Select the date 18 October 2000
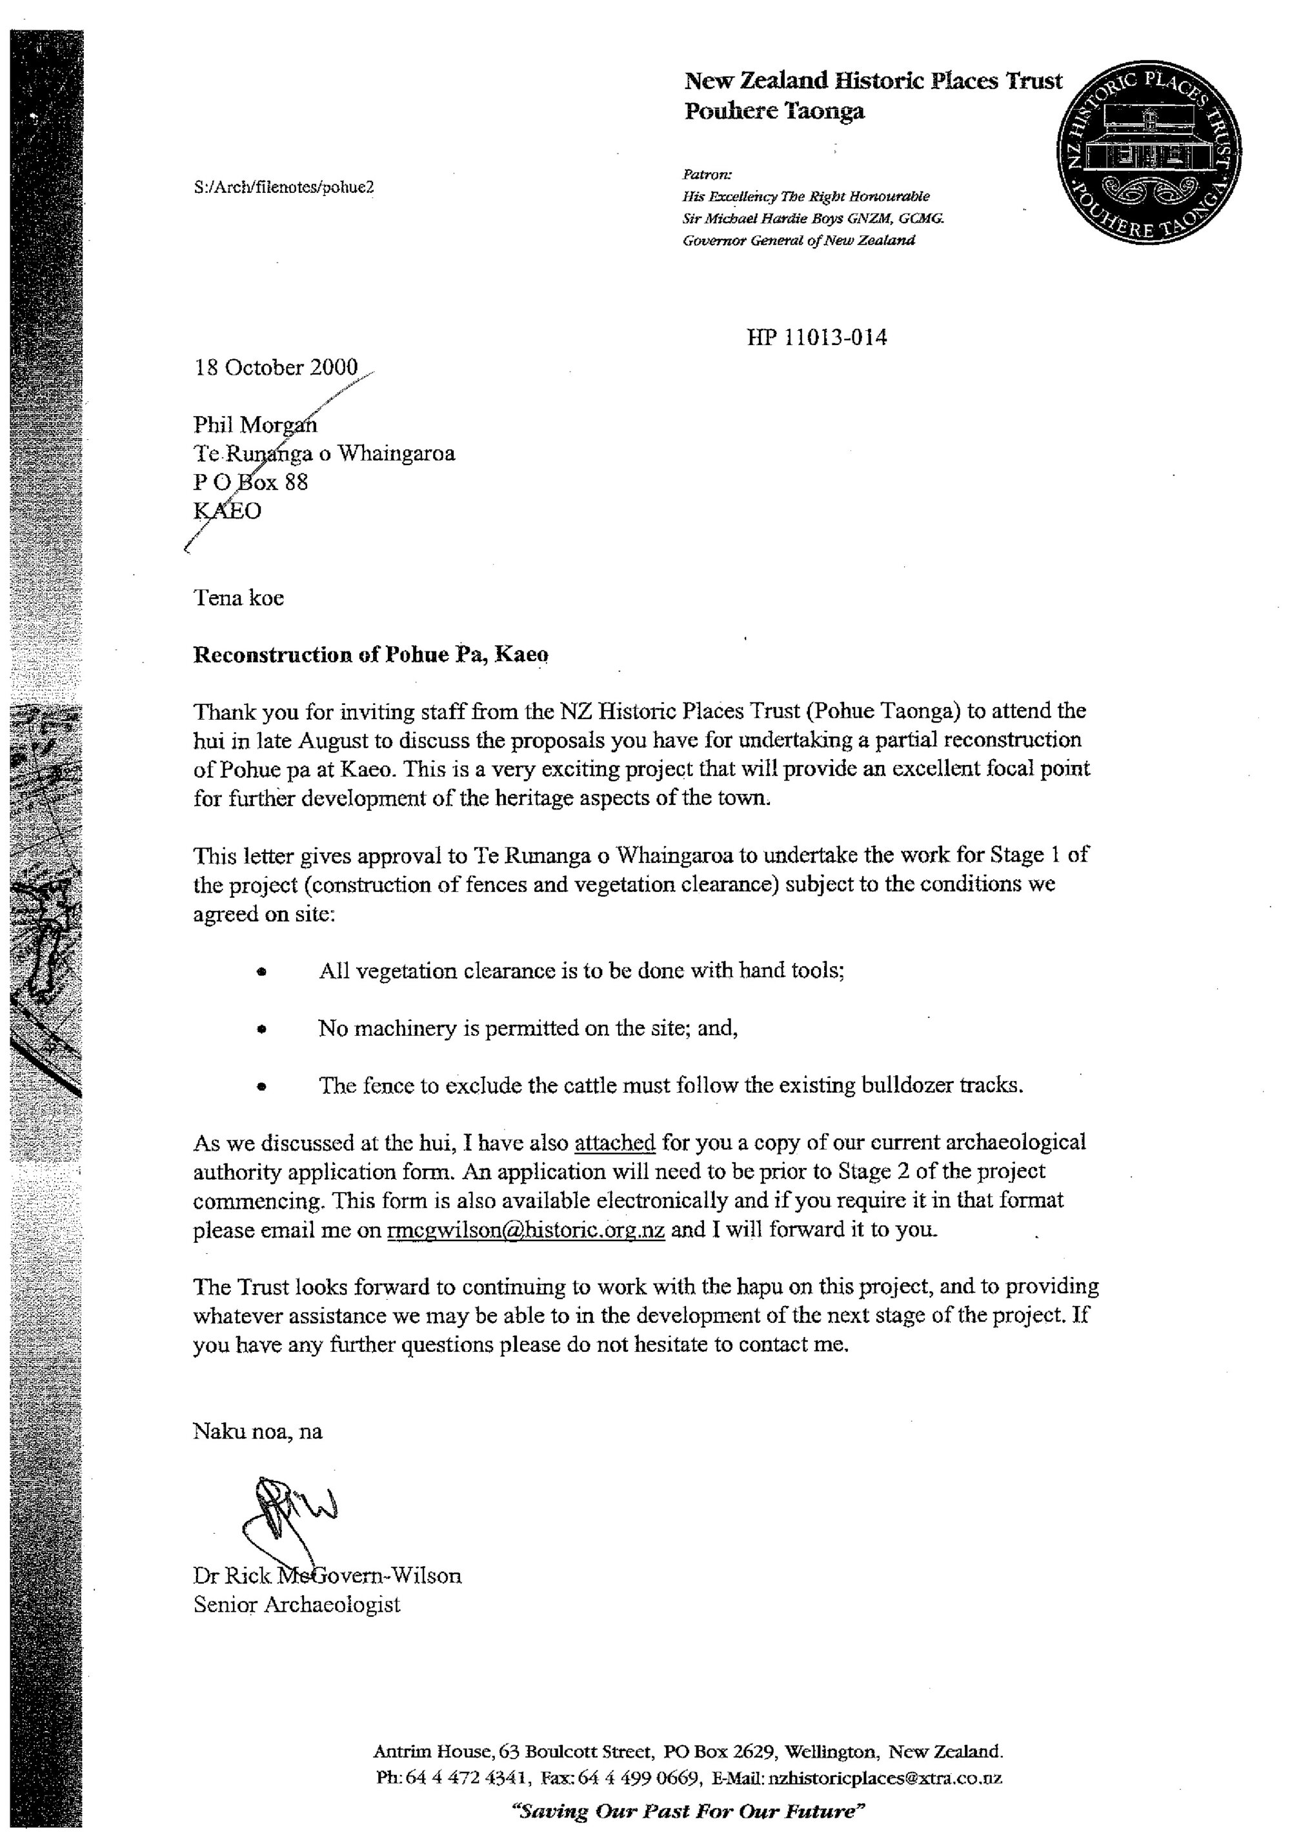(x=276, y=368)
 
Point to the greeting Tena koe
(x=238, y=597)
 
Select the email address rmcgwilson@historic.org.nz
(x=525, y=1230)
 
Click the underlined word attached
(x=614, y=1142)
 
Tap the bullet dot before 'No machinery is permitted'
(x=261, y=1029)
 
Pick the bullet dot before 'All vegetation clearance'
(x=261, y=972)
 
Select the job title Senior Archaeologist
(x=297, y=1605)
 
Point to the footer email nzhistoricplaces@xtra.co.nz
(x=885, y=1778)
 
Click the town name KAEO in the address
(x=228, y=511)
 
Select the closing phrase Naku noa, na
(x=257, y=1431)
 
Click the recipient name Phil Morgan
(x=255, y=424)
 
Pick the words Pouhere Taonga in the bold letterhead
(x=774, y=111)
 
